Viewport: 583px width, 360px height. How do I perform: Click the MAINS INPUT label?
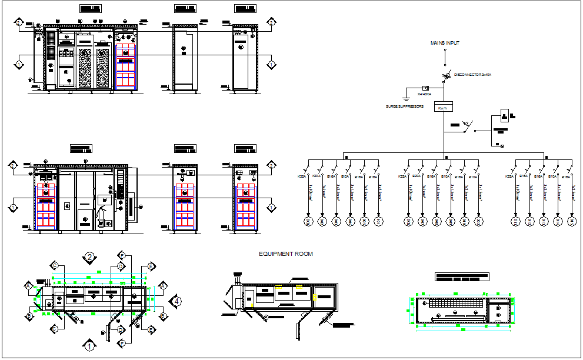point(445,43)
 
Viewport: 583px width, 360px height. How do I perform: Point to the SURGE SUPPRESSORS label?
point(405,106)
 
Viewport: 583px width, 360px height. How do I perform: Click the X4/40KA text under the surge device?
point(424,94)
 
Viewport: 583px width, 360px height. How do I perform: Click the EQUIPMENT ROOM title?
point(286,254)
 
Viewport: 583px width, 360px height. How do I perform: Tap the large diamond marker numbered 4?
point(175,302)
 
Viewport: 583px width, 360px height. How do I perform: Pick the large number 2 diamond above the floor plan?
point(89,257)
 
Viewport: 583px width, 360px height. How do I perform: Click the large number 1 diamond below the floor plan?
point(89,346)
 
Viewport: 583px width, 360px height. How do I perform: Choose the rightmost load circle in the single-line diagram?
point(572,221)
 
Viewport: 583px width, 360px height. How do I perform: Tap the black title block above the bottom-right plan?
point(462,276)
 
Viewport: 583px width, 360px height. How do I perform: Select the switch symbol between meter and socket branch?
point(467,125)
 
